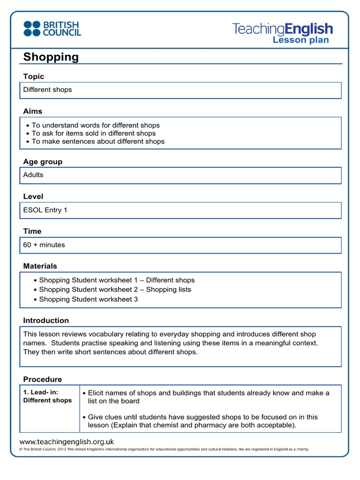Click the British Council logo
[52, 28]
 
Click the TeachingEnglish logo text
[282, 29]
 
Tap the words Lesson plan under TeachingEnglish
[300, 40]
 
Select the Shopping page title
[51, 57]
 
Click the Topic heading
[34, 76]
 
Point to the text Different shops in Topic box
[48, 90]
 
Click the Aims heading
[33, 111]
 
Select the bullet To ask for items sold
[93, 133]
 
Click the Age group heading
[43, 162]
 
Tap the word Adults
[33, 175]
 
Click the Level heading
[33, 196]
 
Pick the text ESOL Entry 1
[45, 210]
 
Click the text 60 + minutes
[44, 245]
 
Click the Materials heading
[40, 266]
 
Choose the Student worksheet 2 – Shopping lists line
[115, 289]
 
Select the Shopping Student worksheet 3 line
[88, 299]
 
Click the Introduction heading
[46, 321]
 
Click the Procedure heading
[43, 379]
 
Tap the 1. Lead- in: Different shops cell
[48, 397]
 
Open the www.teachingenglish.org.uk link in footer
[67, 442]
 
